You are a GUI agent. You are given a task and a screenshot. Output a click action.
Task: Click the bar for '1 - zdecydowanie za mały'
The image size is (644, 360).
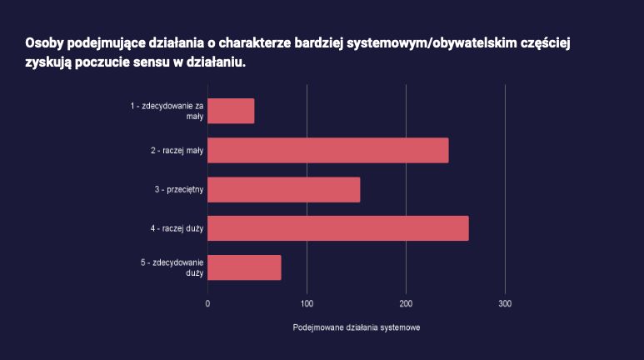pyautogui.click(x=231, y=111)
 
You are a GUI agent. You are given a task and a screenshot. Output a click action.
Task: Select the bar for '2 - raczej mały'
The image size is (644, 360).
pyautogui.click(x=327, y=150)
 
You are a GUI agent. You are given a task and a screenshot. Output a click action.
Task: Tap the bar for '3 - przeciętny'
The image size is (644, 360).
pyautogui.click(x=283, y=189)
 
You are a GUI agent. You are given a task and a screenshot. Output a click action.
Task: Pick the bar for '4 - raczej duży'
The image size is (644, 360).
pyautogui.click(x=337, y=228)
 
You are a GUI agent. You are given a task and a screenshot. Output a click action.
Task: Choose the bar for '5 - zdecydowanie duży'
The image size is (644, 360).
pyautogui.click(x=244, y=267)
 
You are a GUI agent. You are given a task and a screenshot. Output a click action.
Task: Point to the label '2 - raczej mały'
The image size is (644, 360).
pyautogui.click(x=177, y=150)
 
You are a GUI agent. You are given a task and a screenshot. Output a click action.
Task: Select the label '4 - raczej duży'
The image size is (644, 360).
pyautogui.click(x=177, y=228)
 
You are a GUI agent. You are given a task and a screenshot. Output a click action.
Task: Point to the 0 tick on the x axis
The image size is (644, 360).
pyautogui.click(x=207, y=303)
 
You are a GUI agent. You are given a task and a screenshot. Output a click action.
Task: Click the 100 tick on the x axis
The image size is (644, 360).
pyautogui.click(x=307, y=303)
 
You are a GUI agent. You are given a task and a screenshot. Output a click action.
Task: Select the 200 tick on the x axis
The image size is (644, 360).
pyautogui.click(x=407, y=303)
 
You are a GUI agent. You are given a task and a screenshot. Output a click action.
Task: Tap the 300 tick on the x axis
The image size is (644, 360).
pyautogui.click(x=505, y=303)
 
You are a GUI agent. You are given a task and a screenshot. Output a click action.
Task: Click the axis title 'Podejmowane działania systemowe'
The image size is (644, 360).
pyautogui.click(x=357, y=328)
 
